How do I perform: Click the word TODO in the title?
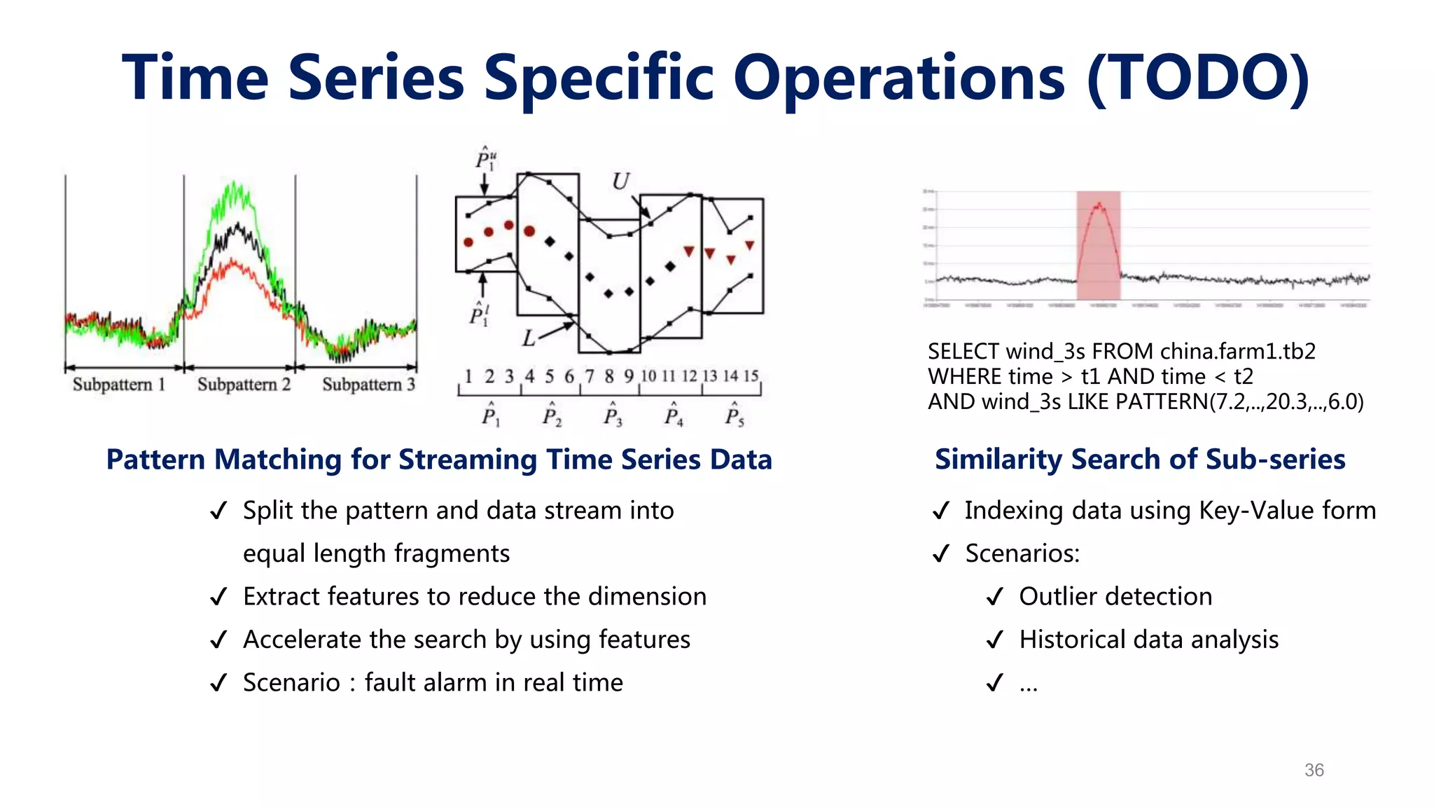pyautogui.click(x=1198, y=78)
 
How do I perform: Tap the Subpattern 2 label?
pyautogui.click(x=244, y=385)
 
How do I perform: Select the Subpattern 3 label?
pyautogui.click(x=368, y=385)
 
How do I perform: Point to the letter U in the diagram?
pyautogui.click(x=620, y=182)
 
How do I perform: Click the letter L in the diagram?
pyautogui.click(x=529, y=339)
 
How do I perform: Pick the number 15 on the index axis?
pyautogui.click(x=751, y=376)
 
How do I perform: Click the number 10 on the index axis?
pyautogui.click(x=648, y=376)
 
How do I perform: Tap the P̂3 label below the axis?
pyautogui.click(x=612, y=415)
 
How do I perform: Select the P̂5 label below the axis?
pyautogui.click(x=734, y=415)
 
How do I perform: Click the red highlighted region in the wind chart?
pyautogui.click(x=1098, y=245)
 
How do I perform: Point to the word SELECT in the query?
pyautogui.click(x=963, y=351)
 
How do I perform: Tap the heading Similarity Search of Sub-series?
pyautogui.click(x=1140, y=460)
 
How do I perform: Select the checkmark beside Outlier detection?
pyautogui.click(x=994, y=597)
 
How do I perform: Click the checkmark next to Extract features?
pyautogui.click(x=218, y=597)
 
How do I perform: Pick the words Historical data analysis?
pyautogui.click(x=1148, y=640)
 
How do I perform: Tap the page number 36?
pyautogui.click(x=1314, y=770)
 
